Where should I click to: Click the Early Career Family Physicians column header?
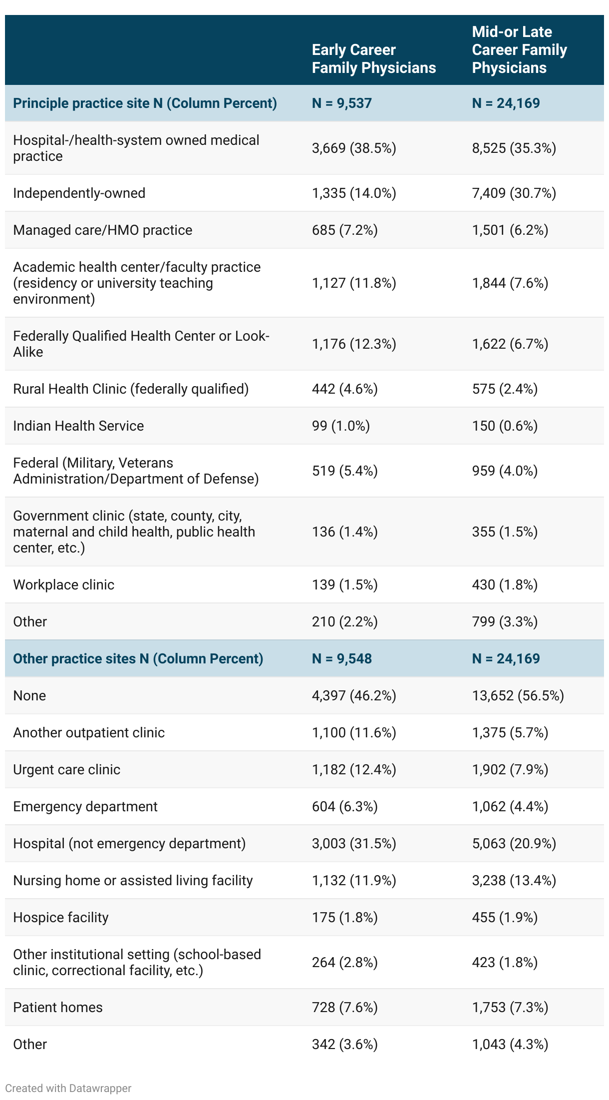pos(373,59)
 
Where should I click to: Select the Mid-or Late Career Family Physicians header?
pos(519,50)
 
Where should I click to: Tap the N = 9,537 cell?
pos(341,103)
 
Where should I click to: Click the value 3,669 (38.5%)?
pos(353,148)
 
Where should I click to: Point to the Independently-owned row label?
pos(79,193)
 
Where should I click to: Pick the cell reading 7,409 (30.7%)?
pos(514,193)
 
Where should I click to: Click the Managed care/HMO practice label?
pos(102,230)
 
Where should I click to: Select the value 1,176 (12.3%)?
pos(353,344)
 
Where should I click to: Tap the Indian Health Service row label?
pos(78,426)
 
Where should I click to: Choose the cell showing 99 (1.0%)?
pos(340,426)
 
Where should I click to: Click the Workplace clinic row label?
pos(63,585)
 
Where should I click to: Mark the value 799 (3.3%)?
pos(505,622)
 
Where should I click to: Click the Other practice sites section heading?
pos(138,659)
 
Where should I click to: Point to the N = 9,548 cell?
pos(341,659)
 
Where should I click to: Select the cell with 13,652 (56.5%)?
pos(518,696)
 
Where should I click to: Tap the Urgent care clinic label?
pos(66,770)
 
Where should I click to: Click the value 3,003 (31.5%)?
pos(353,844)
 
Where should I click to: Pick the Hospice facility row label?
pos(60,918)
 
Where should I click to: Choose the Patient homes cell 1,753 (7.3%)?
pos(510,1008)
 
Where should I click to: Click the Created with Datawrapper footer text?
pos(68,1089)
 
